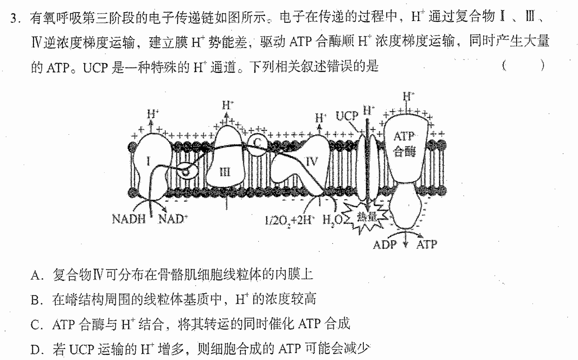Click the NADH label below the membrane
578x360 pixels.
[129, 219]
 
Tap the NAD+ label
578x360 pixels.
[173, 219]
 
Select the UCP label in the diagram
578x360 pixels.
[347, 116]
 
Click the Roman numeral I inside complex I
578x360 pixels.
[148, 162]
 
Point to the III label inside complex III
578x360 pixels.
[225, 172]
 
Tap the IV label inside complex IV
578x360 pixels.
[312, 162]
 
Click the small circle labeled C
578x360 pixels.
[257, 145]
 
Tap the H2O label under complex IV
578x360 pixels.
[332, 220]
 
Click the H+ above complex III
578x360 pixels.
[228, 105]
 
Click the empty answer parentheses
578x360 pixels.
[524, 65]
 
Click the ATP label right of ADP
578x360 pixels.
[427, 244]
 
